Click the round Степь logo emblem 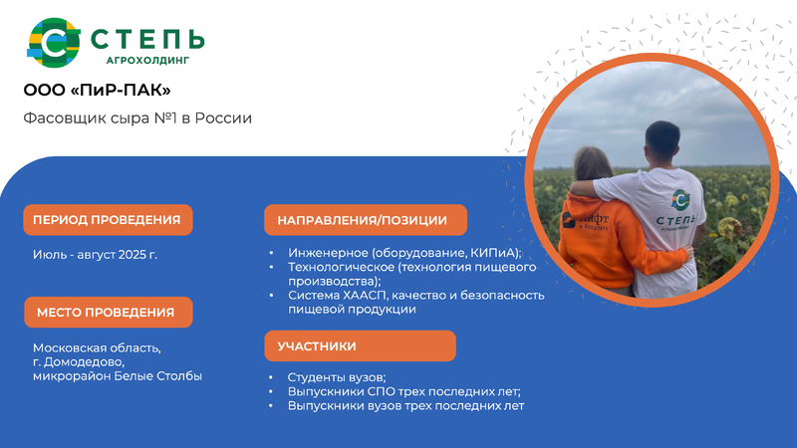tap(54, 43)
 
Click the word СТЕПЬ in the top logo tap(147, 39)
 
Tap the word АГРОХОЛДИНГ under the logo tap(147, 61)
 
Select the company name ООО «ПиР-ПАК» tap(97, 90)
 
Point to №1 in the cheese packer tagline tap(166, 117)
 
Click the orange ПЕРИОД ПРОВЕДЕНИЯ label tap(108, 220)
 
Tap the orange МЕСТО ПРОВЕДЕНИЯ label tap(109, 313)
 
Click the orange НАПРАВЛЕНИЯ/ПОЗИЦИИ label tap(366, 220)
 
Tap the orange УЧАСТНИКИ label tap(360, 345)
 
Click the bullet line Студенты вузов tap(337, 377)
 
